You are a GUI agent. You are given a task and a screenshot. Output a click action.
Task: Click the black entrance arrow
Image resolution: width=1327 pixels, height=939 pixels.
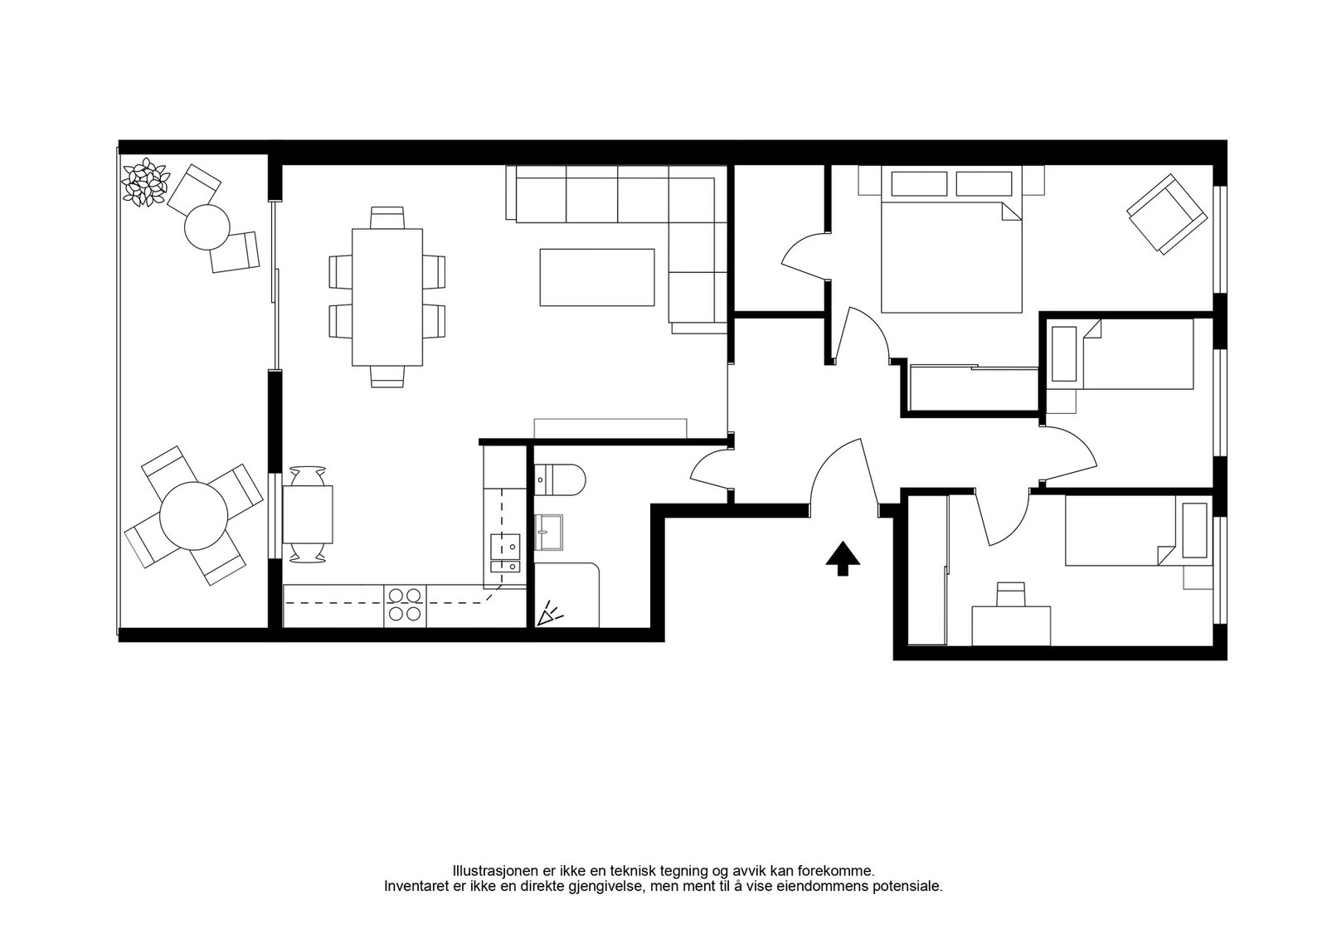click(843, 558)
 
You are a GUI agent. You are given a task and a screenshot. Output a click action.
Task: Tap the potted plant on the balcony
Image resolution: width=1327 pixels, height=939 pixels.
click(145, 183)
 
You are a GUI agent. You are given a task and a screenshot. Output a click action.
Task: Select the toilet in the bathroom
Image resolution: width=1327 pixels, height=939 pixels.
click(560, 479)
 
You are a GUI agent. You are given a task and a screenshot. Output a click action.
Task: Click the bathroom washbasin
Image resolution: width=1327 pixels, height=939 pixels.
click(548, 532)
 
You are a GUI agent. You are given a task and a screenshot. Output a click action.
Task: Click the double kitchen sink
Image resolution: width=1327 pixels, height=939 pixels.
click(505, 552)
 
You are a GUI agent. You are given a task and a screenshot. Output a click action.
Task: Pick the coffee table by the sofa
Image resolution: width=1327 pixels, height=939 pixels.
click(597, 277)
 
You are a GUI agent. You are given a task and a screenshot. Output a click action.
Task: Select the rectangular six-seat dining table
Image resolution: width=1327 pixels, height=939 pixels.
click(387, 298)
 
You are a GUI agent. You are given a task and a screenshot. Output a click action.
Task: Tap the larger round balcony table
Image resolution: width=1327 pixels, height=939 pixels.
click(194, 515)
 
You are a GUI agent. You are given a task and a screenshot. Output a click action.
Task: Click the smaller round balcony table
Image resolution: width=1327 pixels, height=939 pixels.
click(207, 227)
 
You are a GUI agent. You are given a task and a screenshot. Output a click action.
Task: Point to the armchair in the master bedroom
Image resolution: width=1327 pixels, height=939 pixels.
click(1166, 214)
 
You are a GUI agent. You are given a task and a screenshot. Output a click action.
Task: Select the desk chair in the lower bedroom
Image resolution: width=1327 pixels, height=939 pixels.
click(1011, 594)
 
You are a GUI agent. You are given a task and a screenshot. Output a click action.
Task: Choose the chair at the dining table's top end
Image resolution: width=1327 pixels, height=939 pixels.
click(387, 217)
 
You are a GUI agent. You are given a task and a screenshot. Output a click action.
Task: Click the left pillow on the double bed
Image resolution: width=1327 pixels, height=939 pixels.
click(919, 183)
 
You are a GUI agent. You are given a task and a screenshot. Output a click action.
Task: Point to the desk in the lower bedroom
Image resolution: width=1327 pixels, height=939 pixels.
click(1011, 625)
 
